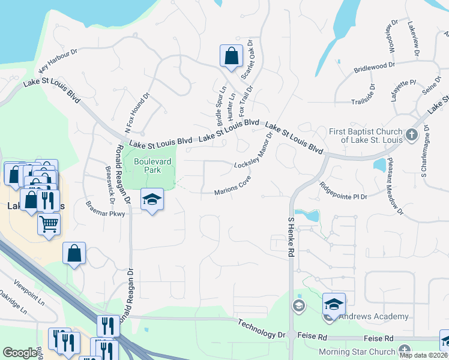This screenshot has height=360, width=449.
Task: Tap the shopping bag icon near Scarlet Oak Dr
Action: click(231, 56)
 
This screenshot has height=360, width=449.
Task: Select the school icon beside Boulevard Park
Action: click(152, 199)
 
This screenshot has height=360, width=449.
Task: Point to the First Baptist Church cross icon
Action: click(411, 134)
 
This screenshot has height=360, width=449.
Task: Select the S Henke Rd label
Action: click(291, 238)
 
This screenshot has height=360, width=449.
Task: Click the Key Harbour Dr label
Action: click(59, 61)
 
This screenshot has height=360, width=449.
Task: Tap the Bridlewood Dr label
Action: click(374, 65)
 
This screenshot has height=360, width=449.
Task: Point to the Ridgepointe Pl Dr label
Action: click(343, 189)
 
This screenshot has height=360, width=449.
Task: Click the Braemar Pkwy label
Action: click(106, 208)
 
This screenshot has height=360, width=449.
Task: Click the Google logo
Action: click(20, 353)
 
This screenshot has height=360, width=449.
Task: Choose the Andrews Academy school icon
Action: click(334, 304)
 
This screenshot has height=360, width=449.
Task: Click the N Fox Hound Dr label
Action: click(127, 113)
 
